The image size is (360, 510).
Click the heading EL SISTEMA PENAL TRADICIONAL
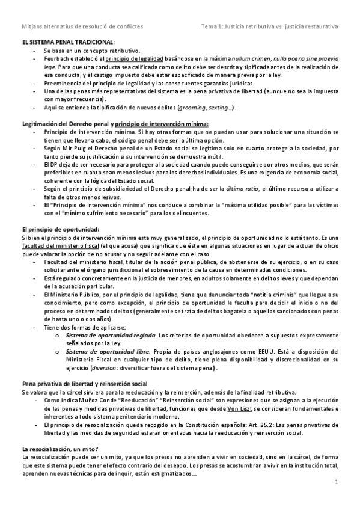pyautogui.click(x=68, y=41)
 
